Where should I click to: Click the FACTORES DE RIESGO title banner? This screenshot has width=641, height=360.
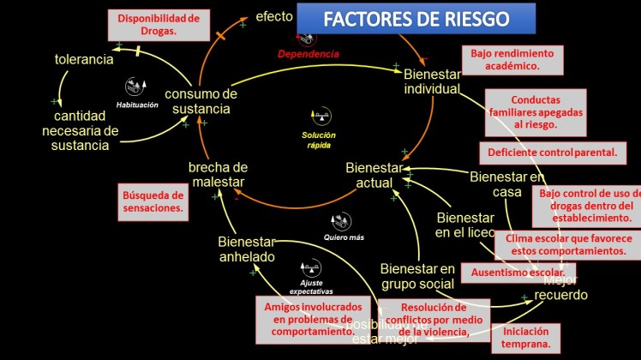(416, 18)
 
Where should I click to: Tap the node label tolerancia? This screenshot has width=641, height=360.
(84, 59)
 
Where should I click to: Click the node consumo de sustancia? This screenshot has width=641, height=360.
(201, 101)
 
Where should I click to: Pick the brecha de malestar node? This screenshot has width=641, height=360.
(218, 174)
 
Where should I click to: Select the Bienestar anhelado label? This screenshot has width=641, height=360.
(246, 249)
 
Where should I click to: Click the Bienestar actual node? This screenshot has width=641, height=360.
(374, 174)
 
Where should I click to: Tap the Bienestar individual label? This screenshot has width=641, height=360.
(432, 81)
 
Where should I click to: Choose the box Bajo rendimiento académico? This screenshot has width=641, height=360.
(512, 59)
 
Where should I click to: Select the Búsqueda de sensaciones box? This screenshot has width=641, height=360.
(153, 201)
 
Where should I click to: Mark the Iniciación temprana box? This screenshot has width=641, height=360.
(526, 337)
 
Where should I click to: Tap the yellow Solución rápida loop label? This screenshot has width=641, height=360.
(319, 140)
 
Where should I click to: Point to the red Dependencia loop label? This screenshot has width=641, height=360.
(309, 53)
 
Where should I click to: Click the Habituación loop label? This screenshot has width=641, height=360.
(138, 105)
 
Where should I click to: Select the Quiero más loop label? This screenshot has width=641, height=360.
(344, 238)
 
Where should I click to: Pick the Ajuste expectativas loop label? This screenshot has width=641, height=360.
(310, 287)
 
